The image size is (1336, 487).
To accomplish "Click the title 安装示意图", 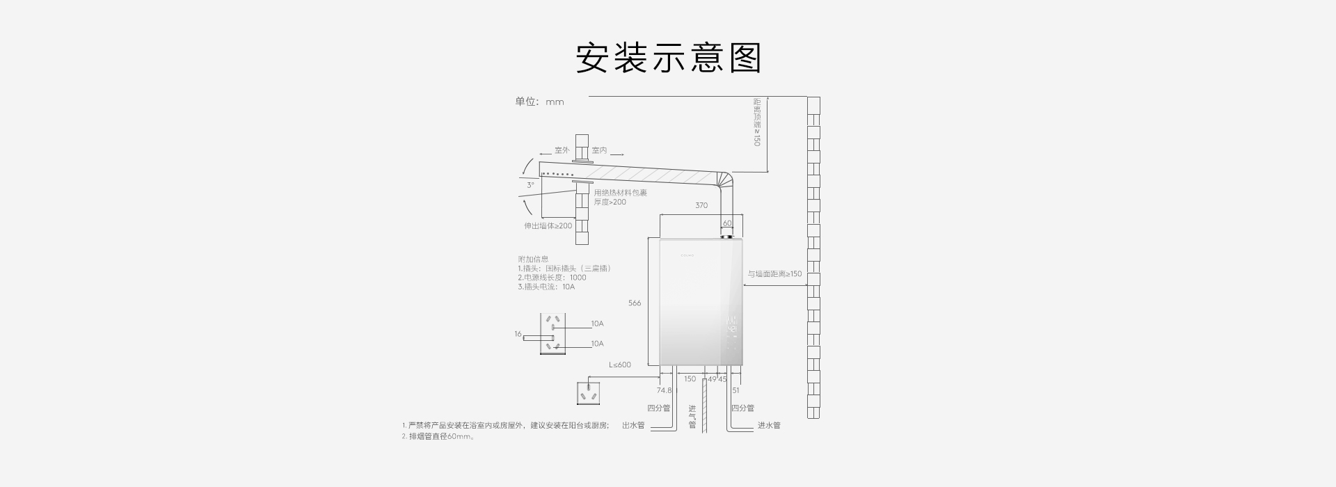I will pos(668,58).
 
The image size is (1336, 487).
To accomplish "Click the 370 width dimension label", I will pos(701,205).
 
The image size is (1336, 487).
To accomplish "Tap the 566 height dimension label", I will pos(635,303).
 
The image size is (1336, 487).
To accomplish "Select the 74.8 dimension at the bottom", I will pos(665,390).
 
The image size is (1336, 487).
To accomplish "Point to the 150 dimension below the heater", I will pos(690,379).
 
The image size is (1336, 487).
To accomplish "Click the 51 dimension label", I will pos(735,390).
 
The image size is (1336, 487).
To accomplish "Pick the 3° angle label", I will pos(530,185).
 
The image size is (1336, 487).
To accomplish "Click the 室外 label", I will pos(562,150).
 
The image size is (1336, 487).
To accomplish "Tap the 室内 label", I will pos(599,150).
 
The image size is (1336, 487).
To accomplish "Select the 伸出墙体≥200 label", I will pos(548,226).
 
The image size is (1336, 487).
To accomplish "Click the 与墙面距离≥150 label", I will pos(774,274).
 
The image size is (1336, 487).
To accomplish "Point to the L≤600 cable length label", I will pos(620,365).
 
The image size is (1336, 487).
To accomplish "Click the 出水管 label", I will pos(633,425).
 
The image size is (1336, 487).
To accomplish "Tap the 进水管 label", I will pos(769,425).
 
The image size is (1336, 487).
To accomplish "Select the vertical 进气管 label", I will pos(692,417).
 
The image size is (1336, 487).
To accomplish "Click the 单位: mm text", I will pos(539,102).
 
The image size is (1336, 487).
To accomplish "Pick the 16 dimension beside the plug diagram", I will pos(518,334).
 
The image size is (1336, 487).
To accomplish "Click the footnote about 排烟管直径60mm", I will pos(438,437).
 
